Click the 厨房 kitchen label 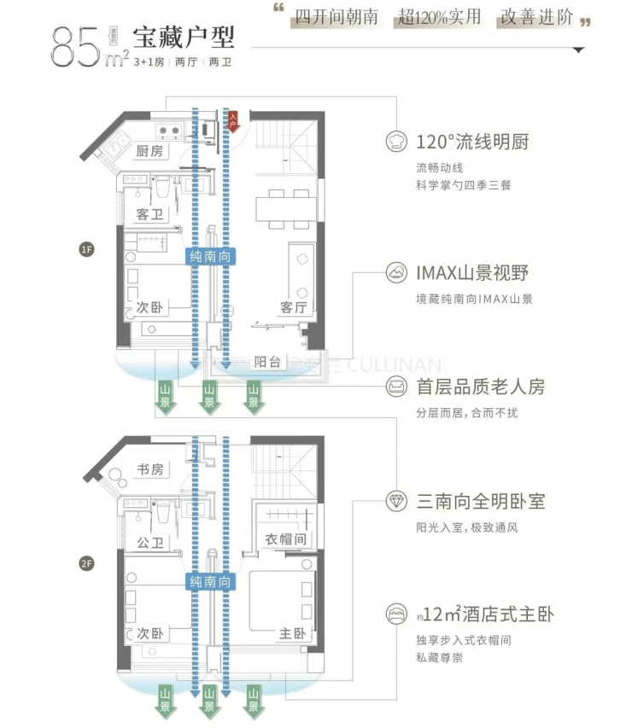coord(150,151)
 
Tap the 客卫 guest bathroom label coord(150,214)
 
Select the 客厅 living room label coord(293,307)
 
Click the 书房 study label coord(150,469)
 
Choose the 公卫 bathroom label coord(150,543)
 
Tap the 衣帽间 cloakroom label coord(285,539)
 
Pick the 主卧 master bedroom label coord(293,634)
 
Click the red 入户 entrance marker coord(232,122)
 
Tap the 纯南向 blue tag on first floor coord(210,256)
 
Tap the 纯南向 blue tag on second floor coord(210,582)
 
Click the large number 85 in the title coord(79,48)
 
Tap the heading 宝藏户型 coord(183,38)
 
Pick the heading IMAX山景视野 coord(472,273)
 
